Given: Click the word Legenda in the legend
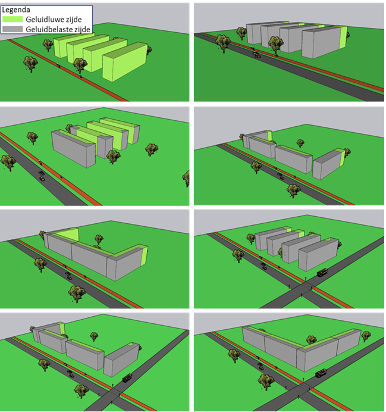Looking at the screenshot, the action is [x=16, y=10].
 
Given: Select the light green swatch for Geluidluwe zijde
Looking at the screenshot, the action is [x=12, y=19].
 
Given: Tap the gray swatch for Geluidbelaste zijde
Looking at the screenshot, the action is [x=12, y=29].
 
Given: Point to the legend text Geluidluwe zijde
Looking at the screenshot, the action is [x=54, y=20].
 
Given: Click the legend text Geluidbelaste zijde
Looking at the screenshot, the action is [x=58, y=29].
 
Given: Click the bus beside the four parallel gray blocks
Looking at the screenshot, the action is [x=322, y=272].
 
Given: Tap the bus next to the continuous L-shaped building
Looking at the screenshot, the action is [x=321, y=373].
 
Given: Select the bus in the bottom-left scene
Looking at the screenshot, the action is [x=127, y=378].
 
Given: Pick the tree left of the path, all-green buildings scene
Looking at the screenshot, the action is [x=30, y=64].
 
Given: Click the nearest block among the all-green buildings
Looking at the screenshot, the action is [x=125, y=62].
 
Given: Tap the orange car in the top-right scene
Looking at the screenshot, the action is [x=257, y=56].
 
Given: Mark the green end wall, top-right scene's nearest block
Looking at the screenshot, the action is [x=343, y=38].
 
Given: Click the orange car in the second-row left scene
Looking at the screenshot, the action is [x=42, y=179].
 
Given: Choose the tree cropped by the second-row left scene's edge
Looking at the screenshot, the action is [x=186, y=179].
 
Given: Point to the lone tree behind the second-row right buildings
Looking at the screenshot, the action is [x=300, y=143].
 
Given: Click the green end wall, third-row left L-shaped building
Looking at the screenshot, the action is [x=144, y=256].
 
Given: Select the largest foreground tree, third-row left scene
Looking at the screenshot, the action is [x=77, y=294].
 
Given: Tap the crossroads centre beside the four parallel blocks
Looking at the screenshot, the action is [x=306, y=287].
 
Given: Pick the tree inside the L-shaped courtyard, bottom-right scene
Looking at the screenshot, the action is [x=311, y=340].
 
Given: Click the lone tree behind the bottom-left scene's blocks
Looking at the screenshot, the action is [x=94, y=336].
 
